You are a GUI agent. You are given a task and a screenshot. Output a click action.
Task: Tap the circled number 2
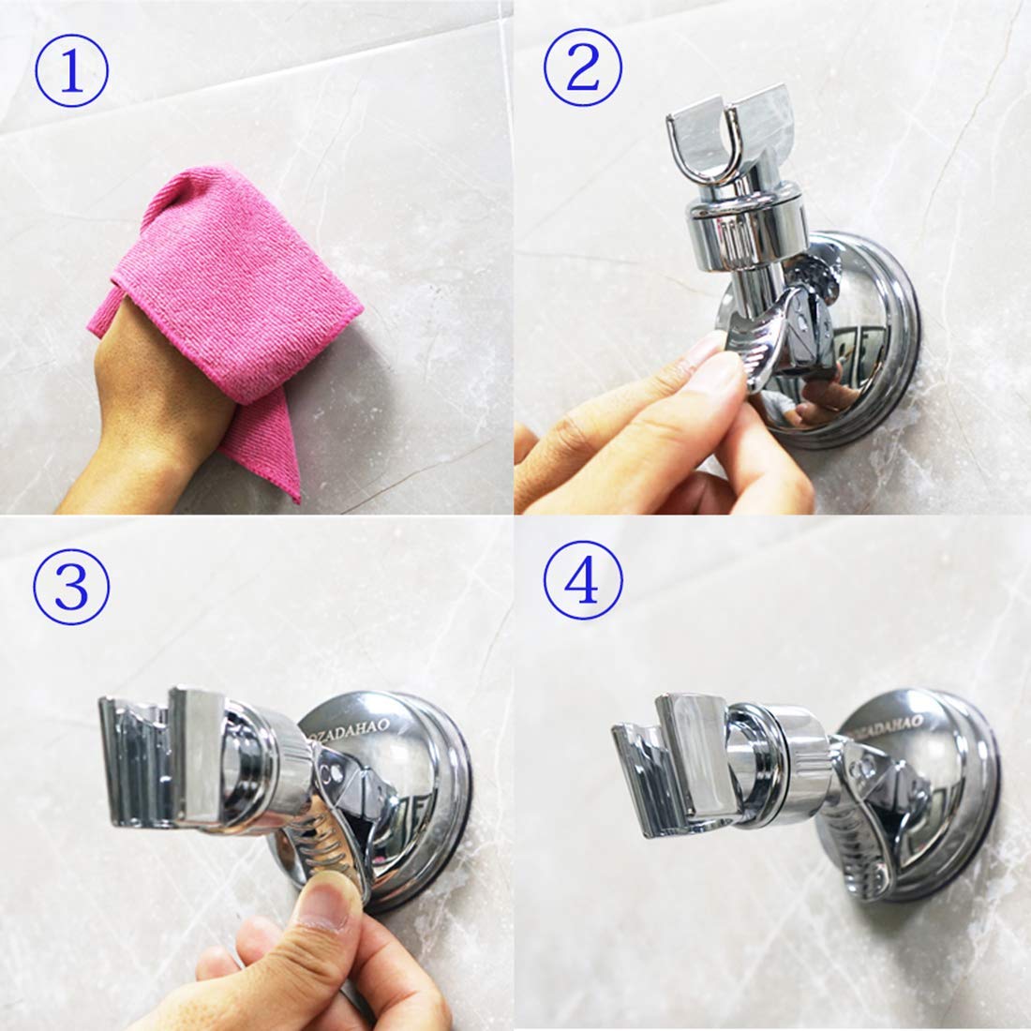pyautogui.click(x=584, y=72)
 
